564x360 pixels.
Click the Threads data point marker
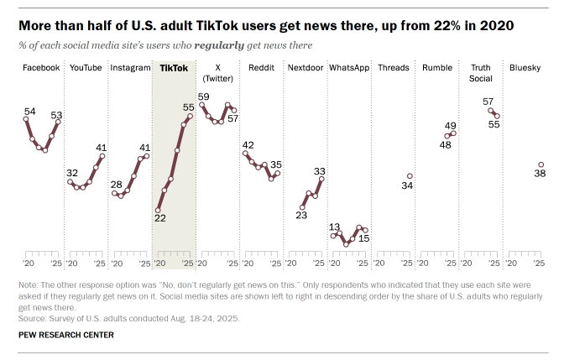(x=410, y=176)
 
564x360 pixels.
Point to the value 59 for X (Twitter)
(x=203, y=97)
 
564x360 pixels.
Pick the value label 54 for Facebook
(x=29, y=111)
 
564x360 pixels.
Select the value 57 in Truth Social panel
(x=488, y=102)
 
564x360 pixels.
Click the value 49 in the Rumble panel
(x=450, y=125)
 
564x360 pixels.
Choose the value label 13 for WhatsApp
(x=334, y=227)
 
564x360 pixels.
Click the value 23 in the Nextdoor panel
(x=301, y=215)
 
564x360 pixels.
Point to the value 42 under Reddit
(x=248, y=145)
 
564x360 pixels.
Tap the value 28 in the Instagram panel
(x=116, y=184)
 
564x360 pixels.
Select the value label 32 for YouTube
(x=72, y=172)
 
